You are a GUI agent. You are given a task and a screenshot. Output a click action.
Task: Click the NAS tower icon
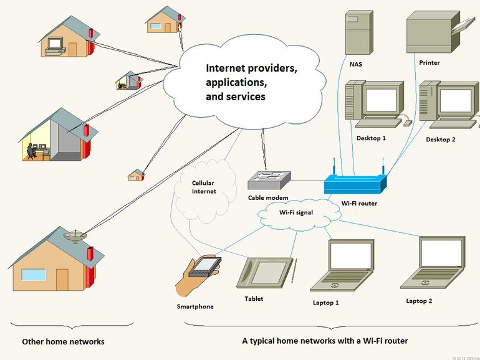358,32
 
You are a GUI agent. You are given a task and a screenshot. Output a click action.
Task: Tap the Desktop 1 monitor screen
381,100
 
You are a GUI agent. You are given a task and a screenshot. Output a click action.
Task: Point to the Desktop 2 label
440,140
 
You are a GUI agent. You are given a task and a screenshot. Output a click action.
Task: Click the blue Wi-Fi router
355,184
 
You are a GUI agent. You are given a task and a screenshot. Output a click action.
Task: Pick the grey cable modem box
267,180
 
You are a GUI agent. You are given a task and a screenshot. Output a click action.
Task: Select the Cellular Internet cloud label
204,187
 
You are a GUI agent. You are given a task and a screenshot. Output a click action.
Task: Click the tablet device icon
266,272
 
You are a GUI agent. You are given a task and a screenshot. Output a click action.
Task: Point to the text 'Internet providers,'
251,69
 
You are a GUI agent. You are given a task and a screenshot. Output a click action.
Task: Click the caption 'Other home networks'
63,342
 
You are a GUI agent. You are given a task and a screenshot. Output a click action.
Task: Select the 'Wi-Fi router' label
359,203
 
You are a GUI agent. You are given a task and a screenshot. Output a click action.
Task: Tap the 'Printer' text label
430,62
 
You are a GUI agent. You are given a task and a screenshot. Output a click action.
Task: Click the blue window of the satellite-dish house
34,275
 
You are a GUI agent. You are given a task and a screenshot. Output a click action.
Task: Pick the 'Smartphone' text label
195,306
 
